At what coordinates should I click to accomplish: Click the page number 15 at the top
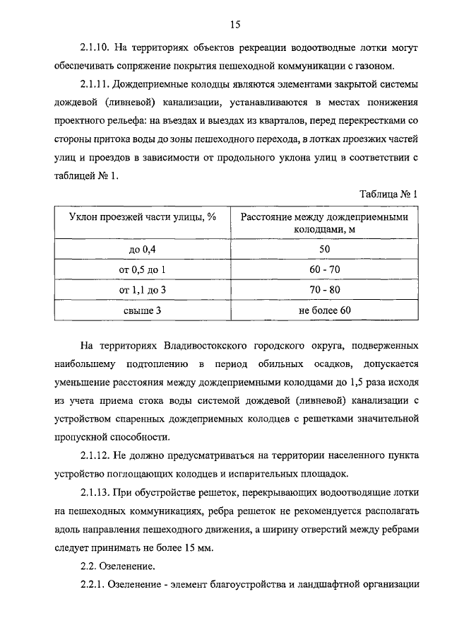[x=236, y=25]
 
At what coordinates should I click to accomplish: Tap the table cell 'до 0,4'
[x=142, y=250]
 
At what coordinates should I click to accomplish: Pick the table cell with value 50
[x=325, y=250]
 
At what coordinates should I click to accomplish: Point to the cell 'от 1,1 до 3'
[x=142, y=290]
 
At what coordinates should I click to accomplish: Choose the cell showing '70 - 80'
[x=325, y=290]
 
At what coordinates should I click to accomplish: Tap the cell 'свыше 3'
[x=142, y=310]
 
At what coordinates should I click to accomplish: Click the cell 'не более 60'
[x=325, y=310]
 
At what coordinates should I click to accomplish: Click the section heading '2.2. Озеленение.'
[x=116, y=566]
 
